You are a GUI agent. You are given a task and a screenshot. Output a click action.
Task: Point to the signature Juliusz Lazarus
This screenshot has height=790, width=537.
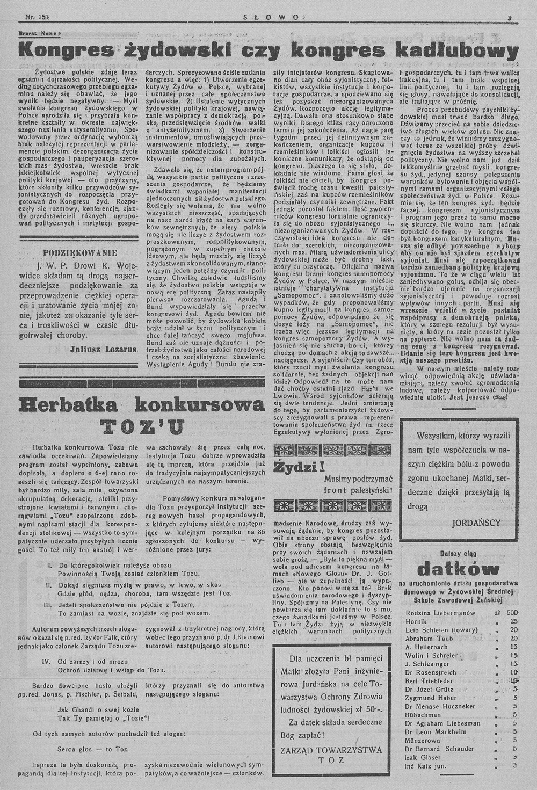tap(104, 349)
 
